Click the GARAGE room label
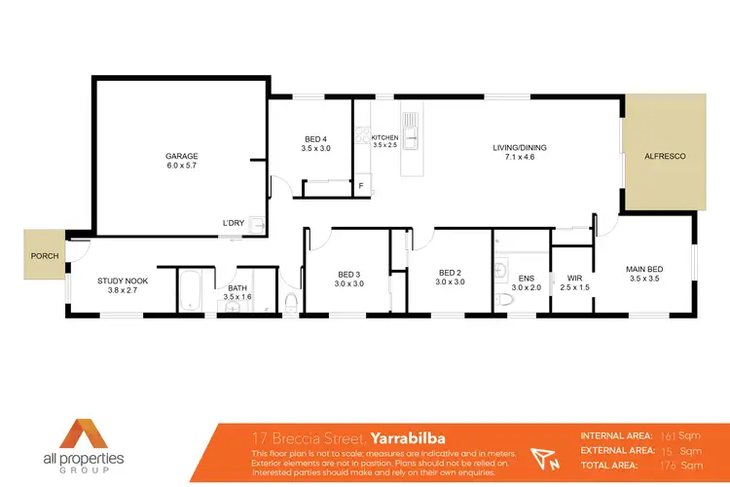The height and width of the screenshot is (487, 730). click(181, 156)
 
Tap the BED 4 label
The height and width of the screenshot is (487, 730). click(317, 138)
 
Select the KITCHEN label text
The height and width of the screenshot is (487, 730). click(385, 138)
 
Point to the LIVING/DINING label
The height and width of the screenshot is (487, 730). click(520, 147)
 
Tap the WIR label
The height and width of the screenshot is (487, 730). click(575, 276)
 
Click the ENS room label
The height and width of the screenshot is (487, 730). click(526, 276)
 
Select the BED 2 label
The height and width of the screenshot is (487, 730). click(449, 272)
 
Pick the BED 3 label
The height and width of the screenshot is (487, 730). click(349, 273)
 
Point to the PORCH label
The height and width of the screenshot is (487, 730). click(45, 256)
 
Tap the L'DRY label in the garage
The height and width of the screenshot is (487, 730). click(233, 223)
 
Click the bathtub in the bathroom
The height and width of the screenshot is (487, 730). click(190, 291)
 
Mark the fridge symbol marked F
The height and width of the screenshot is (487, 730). click(361, 185)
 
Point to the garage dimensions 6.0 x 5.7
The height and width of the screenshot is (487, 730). click(181, 167)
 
